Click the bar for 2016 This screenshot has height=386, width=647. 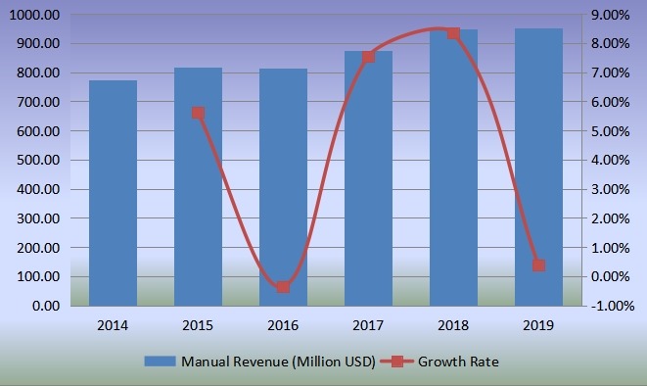[283, 187]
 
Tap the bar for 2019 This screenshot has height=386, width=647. [538, 168]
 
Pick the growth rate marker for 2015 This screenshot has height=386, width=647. [198, 113]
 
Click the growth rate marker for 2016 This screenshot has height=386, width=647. [283, 287]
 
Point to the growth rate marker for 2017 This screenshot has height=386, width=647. [368, 57]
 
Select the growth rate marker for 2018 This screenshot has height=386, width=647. [453, 33]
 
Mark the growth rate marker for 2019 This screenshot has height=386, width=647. [538, 265]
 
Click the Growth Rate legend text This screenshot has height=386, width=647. [458, 362]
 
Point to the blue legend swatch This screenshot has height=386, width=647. [162, 362]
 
